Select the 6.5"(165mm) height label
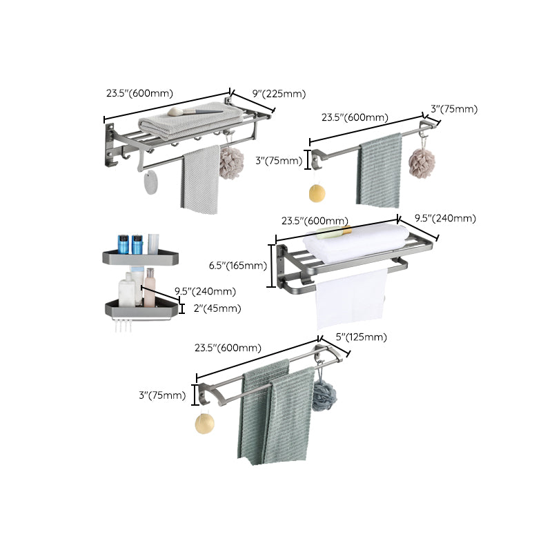click(237, 265)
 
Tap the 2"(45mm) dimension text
click(217, 308)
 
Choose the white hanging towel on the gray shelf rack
click(351, 299)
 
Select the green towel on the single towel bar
click(379, 170)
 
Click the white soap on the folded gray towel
click(175, 110)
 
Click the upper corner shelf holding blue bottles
click(140, 257)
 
